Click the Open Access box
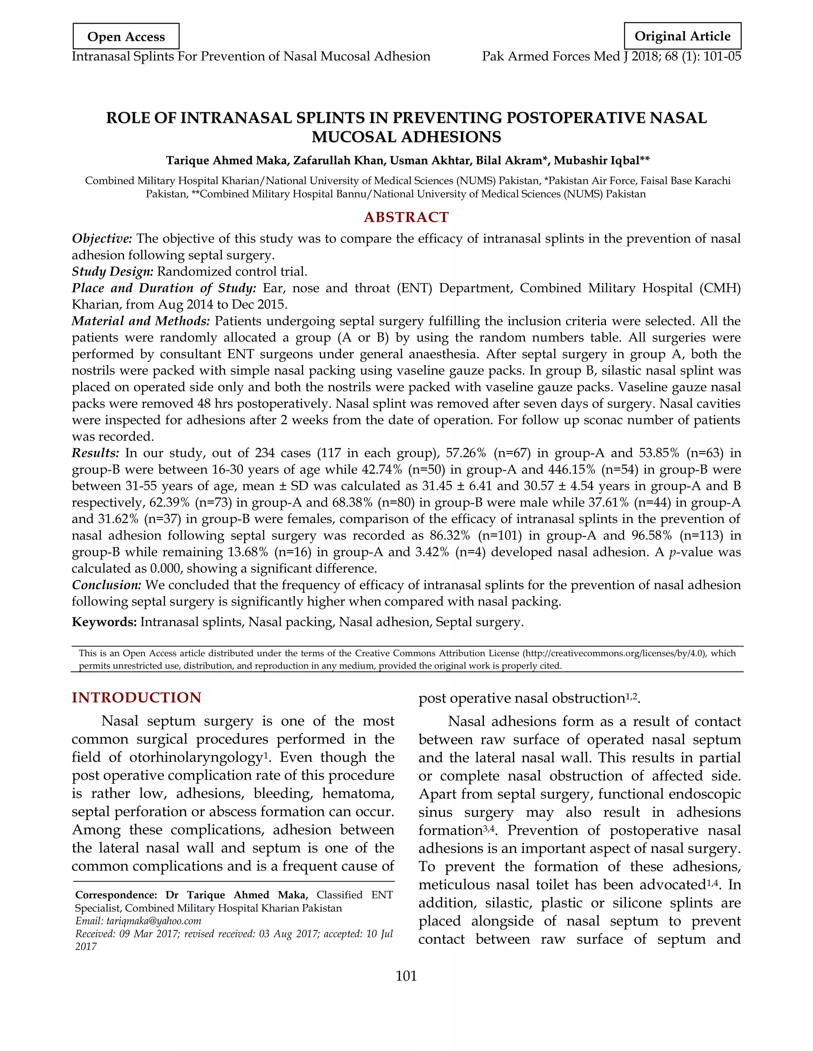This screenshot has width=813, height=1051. [x=126, y=36]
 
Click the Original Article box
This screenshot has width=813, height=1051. [x=682, y=36]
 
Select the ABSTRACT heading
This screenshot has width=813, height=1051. [x=406, y=217]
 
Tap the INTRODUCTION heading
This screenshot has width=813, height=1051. [x=136, y=698]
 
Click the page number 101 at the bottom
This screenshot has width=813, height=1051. [x=406, y=976]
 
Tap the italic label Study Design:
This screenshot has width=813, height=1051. [x=112, y=272]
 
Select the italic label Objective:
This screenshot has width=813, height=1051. [x=102, y=239]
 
